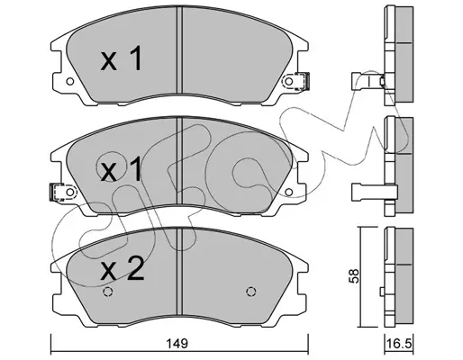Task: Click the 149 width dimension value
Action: [180, 344]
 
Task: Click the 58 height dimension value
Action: [355, 276]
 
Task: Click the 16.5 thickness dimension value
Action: [399, 344]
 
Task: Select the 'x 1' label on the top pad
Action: [121, 58]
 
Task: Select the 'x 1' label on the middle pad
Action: [121, 169]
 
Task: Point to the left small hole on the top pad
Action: [70, 81]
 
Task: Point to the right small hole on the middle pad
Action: [288, 192]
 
